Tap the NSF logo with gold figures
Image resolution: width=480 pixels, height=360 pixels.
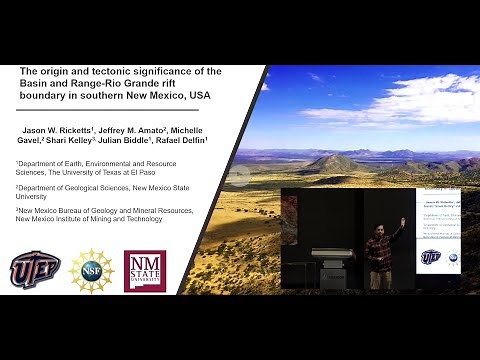(92, 271)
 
